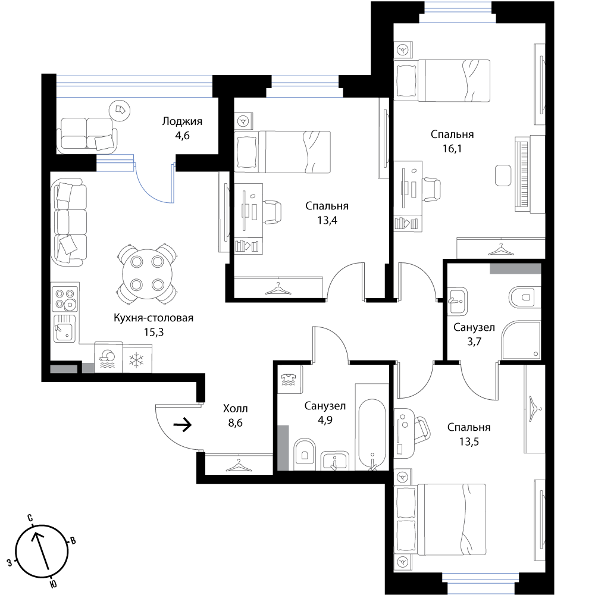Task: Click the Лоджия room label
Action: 182,121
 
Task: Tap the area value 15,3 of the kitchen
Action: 154,333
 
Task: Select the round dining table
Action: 147,273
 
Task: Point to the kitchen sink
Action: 65,328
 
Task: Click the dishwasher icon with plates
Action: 108,358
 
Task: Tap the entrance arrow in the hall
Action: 182,425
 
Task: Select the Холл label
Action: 235,409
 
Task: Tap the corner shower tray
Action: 521,340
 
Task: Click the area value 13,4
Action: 327,220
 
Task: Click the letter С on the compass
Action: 30,518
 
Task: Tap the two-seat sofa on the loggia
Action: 87,134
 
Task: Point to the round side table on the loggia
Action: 120,111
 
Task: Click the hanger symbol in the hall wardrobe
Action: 239,465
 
